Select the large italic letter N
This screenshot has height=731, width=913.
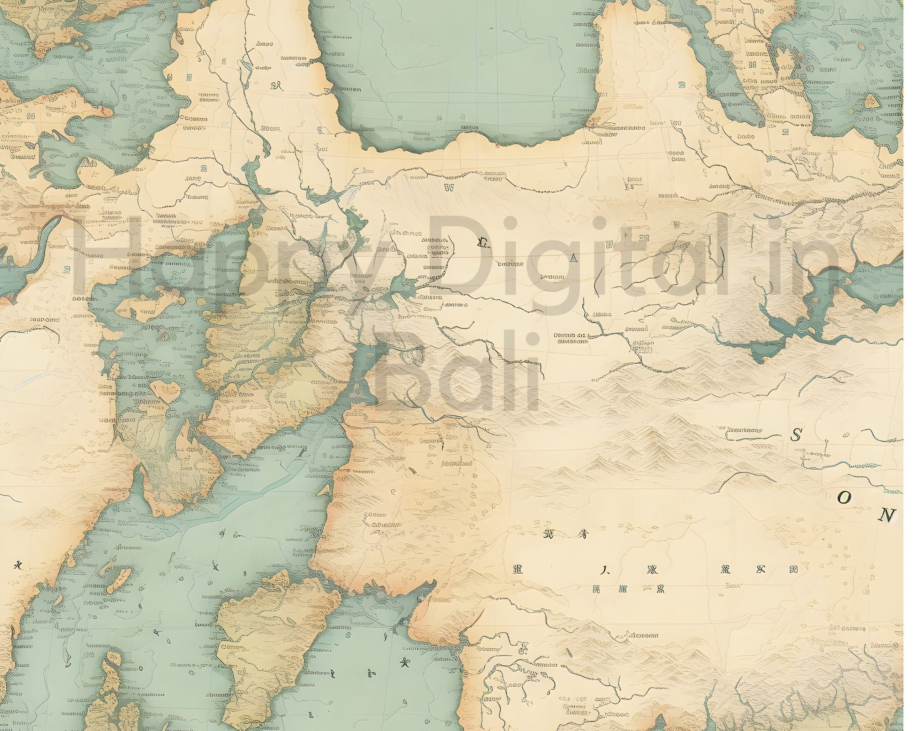click(886, 515)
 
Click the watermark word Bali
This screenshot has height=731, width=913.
click(456, 379)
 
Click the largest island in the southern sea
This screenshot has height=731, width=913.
click(278, 649)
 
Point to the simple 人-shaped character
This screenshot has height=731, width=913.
click(604, 571)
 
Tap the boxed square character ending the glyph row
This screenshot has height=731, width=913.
click(794, 569)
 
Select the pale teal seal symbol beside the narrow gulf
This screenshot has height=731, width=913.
click(682, 85)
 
